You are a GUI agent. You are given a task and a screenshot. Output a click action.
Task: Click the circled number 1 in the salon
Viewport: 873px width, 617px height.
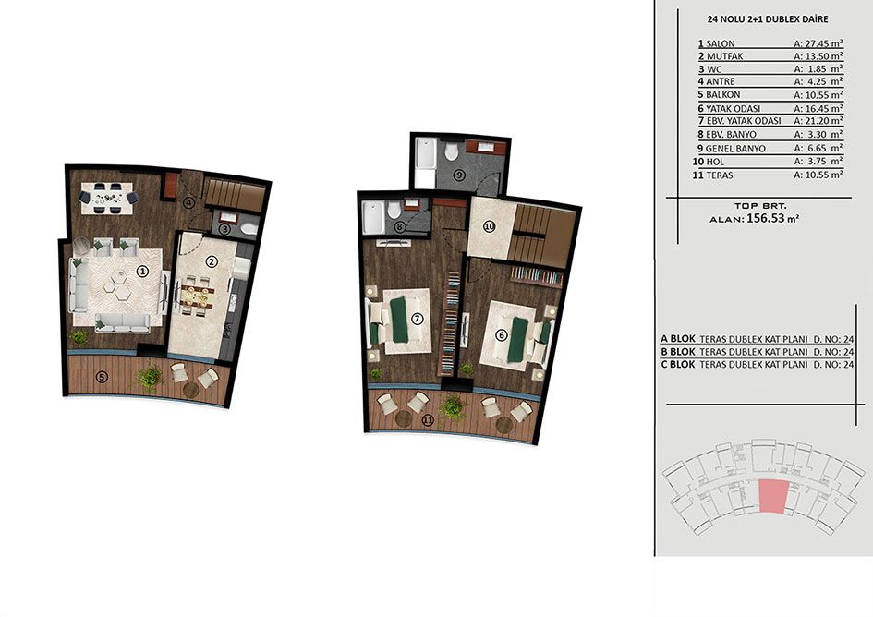pos(142,272)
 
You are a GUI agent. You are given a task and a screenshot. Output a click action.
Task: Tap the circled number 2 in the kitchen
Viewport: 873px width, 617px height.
pos(211,261)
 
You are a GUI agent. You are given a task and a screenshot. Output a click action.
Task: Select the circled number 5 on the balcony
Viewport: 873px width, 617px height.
pos(102,377)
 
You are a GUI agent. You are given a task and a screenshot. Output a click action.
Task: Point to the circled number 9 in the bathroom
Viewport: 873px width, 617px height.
pos(459,175)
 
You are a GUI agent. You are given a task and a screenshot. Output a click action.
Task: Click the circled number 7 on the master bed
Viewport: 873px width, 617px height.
pos(417,319)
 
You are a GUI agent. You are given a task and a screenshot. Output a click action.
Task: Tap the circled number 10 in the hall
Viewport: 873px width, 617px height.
pos(489,226)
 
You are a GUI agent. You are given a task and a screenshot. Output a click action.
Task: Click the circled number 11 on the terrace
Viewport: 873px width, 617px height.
pos(427,420)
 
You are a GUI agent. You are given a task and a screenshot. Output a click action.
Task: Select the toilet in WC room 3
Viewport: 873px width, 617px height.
pos(249,229)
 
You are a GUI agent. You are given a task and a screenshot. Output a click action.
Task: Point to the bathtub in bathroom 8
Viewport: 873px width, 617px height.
pos(372,218)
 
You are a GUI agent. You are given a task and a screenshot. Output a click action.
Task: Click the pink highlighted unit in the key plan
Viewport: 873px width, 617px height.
pos(774,495)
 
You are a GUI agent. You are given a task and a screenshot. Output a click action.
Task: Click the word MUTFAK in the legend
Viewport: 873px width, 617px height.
pos(724,56)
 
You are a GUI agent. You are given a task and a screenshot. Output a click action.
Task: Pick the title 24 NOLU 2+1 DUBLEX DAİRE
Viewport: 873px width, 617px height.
pos(767,18)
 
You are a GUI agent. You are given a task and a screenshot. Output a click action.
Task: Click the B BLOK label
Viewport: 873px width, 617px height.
pos(677,352)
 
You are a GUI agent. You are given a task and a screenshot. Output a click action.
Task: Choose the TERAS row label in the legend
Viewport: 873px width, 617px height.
pos(720,175)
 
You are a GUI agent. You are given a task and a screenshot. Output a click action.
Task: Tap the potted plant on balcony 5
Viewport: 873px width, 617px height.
pos(150,377)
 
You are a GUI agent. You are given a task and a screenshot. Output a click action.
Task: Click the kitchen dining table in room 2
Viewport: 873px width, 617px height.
pos(197,296)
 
